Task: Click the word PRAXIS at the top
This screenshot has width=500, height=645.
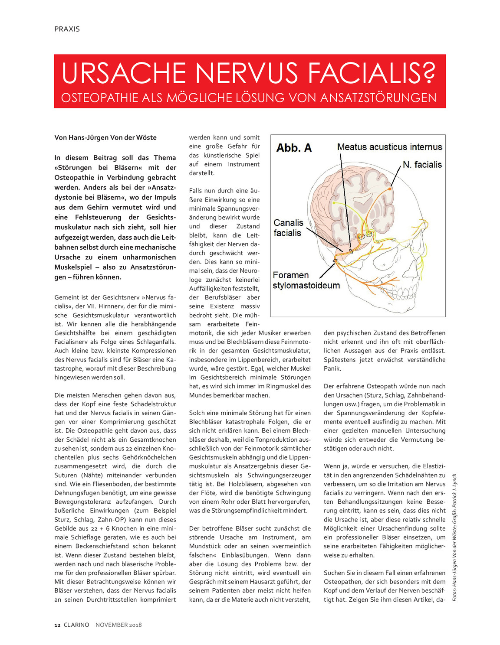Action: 67,29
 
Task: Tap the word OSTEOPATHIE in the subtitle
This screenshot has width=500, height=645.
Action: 100,98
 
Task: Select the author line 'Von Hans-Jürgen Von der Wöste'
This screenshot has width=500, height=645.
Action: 105,137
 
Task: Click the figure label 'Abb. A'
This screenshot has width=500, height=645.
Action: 294,148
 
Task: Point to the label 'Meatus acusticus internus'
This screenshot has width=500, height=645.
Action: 389,147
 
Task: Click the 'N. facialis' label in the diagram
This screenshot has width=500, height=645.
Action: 422,165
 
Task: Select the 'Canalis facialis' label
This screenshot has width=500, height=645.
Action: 288,228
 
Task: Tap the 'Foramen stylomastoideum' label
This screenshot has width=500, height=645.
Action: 306,280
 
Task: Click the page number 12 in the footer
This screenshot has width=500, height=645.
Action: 57,625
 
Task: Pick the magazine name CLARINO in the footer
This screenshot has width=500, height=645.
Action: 76,625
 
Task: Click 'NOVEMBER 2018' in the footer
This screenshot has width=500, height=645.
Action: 118,625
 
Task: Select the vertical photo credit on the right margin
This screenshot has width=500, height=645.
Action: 454,537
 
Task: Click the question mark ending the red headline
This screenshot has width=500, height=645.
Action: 428,73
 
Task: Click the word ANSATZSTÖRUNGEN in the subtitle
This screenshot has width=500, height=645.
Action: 378,98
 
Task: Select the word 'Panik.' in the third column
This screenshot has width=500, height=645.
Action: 332,368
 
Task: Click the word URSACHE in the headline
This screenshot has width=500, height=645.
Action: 124,73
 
